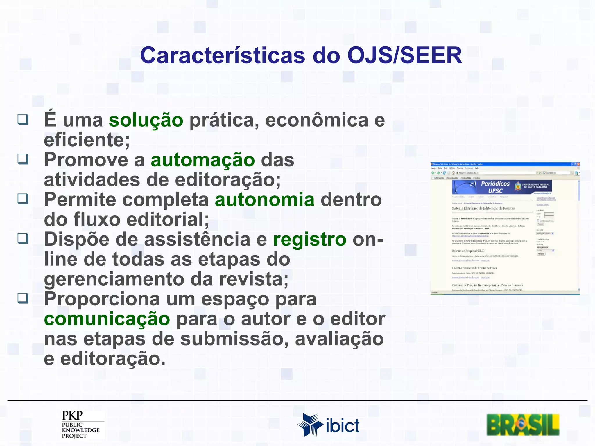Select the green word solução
pos(146,120)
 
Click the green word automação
pos(203,160)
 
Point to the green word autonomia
pos(265,200)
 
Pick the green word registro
pos(310,240)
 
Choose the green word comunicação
pos(107,319)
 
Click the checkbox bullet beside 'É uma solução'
pos(23,119)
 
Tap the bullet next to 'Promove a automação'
pos(23,159)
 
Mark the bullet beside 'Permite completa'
pos(23,199)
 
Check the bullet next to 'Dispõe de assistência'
pos(23,238)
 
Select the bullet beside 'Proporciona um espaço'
pos(23,298)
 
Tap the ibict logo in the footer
pos(328,425)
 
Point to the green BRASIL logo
pos(523,425)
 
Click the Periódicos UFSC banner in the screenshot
pos(502,187)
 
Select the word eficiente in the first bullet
pos(84,140)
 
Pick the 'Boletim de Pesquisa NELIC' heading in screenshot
pos(468,251)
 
